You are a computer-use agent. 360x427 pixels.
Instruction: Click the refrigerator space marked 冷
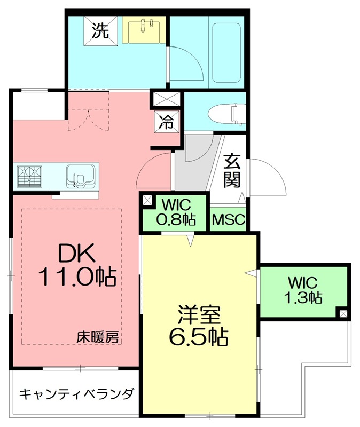(167, 122)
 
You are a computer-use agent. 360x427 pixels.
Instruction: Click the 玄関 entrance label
(231, 170)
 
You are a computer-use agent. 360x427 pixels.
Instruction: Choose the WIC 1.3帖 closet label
(303, 289)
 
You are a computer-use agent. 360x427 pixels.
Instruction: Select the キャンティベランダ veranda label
(76, 395)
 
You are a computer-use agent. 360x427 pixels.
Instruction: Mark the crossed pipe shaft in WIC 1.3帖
(342, 313)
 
